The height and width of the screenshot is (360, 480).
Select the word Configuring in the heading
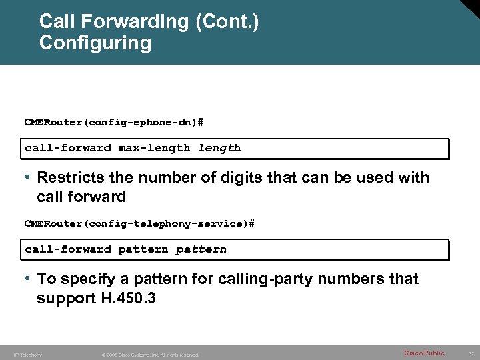pyautogui.click(x=95, y=43)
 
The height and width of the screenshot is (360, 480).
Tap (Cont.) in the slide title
pyautogui.click(x=227, y=22)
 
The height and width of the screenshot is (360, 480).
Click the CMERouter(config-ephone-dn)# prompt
pyautogui.click(x=114, y=122)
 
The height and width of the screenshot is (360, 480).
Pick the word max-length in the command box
pyautogui.click(x=154, y=148)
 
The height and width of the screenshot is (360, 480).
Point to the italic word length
pyautogui.click(x=219, y=148)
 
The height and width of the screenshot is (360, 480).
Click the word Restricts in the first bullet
pyautogui.click(x=69, y=178)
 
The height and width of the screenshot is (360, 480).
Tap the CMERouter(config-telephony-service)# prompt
pyautogui.click(x=139, y=223)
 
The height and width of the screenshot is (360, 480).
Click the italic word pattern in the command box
pyautogui.click(x=201, y=249)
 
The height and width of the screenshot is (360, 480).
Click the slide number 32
pyautogui.click(x=471, y=353)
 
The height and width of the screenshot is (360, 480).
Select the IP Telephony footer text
pyautogui.click(x=27, y=355)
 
